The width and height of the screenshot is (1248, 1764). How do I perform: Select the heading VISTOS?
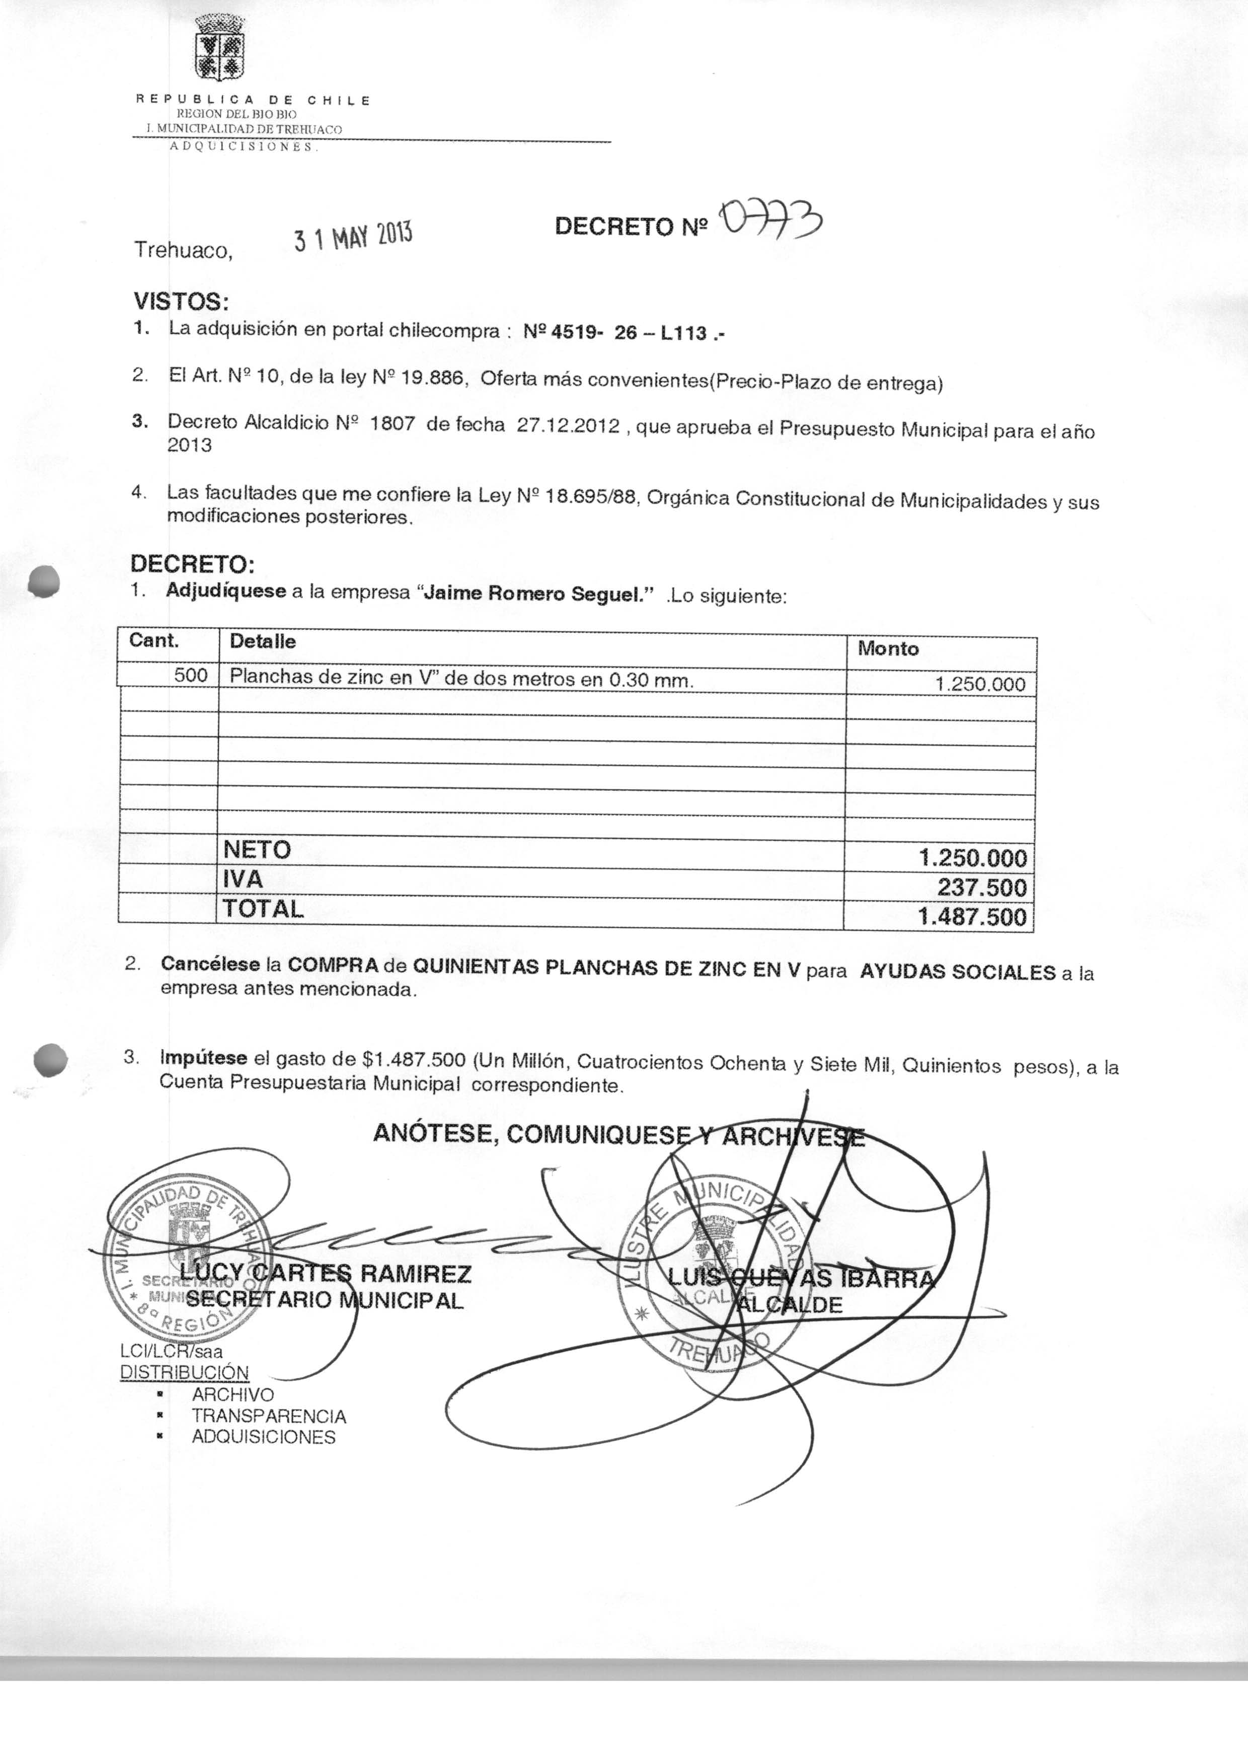(x=181, y=300)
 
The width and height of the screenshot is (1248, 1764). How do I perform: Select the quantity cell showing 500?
(x=191, y=676)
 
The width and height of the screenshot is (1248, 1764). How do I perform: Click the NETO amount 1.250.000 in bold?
(x=972, y=858)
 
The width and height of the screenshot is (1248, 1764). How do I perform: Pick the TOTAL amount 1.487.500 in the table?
(x=972, y=917)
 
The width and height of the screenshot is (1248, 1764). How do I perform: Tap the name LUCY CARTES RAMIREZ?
(x=325, y=1274)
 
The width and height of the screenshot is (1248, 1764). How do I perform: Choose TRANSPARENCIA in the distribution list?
(x=269, y=1415)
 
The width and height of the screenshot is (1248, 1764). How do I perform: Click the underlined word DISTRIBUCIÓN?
(x=185, y=1372)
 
